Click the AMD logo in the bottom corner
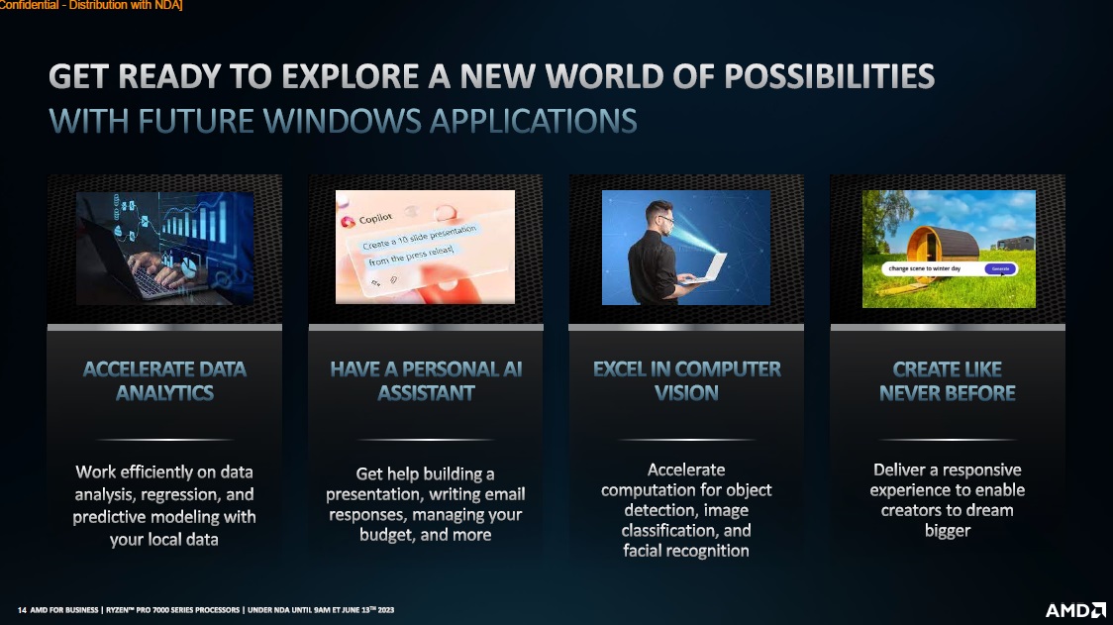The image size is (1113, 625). pyautogui.click(x=1075, y=610)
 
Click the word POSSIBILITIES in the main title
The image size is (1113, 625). pyautogui.click(x=829, y=76)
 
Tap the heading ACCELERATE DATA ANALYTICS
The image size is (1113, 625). pyautogui.click(x=164, y=380)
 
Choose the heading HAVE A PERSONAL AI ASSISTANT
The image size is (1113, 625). pyautogui.click(x=426, y=380)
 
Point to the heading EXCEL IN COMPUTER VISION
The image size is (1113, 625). pyautogui.click(x=686, y=380)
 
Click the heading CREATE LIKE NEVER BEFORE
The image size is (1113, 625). pyautogui.click(x=948, y=380)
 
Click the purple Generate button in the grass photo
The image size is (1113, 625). pyautogui.click(x=1000, y=269)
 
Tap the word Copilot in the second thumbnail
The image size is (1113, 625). pyautogui.click(x=375, y=218)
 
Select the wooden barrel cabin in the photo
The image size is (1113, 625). pyautogui.click(x=942, y=246)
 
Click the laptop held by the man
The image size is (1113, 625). pyautogui.click(x=706, y=268)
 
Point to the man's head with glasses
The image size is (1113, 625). pyautogui.click(x=660, y=216)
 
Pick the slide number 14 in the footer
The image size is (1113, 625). pyautogui.click(x=22, y=610)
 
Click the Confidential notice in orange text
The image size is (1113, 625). pyautogui.click(x=91, y=5)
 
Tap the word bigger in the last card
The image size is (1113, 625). pyautogui.click(x=948, y=531)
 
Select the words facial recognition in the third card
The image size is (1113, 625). pyautogui.click(x=685, y=551)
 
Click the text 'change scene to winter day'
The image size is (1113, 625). pyautogui.click(x=924, y=269)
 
